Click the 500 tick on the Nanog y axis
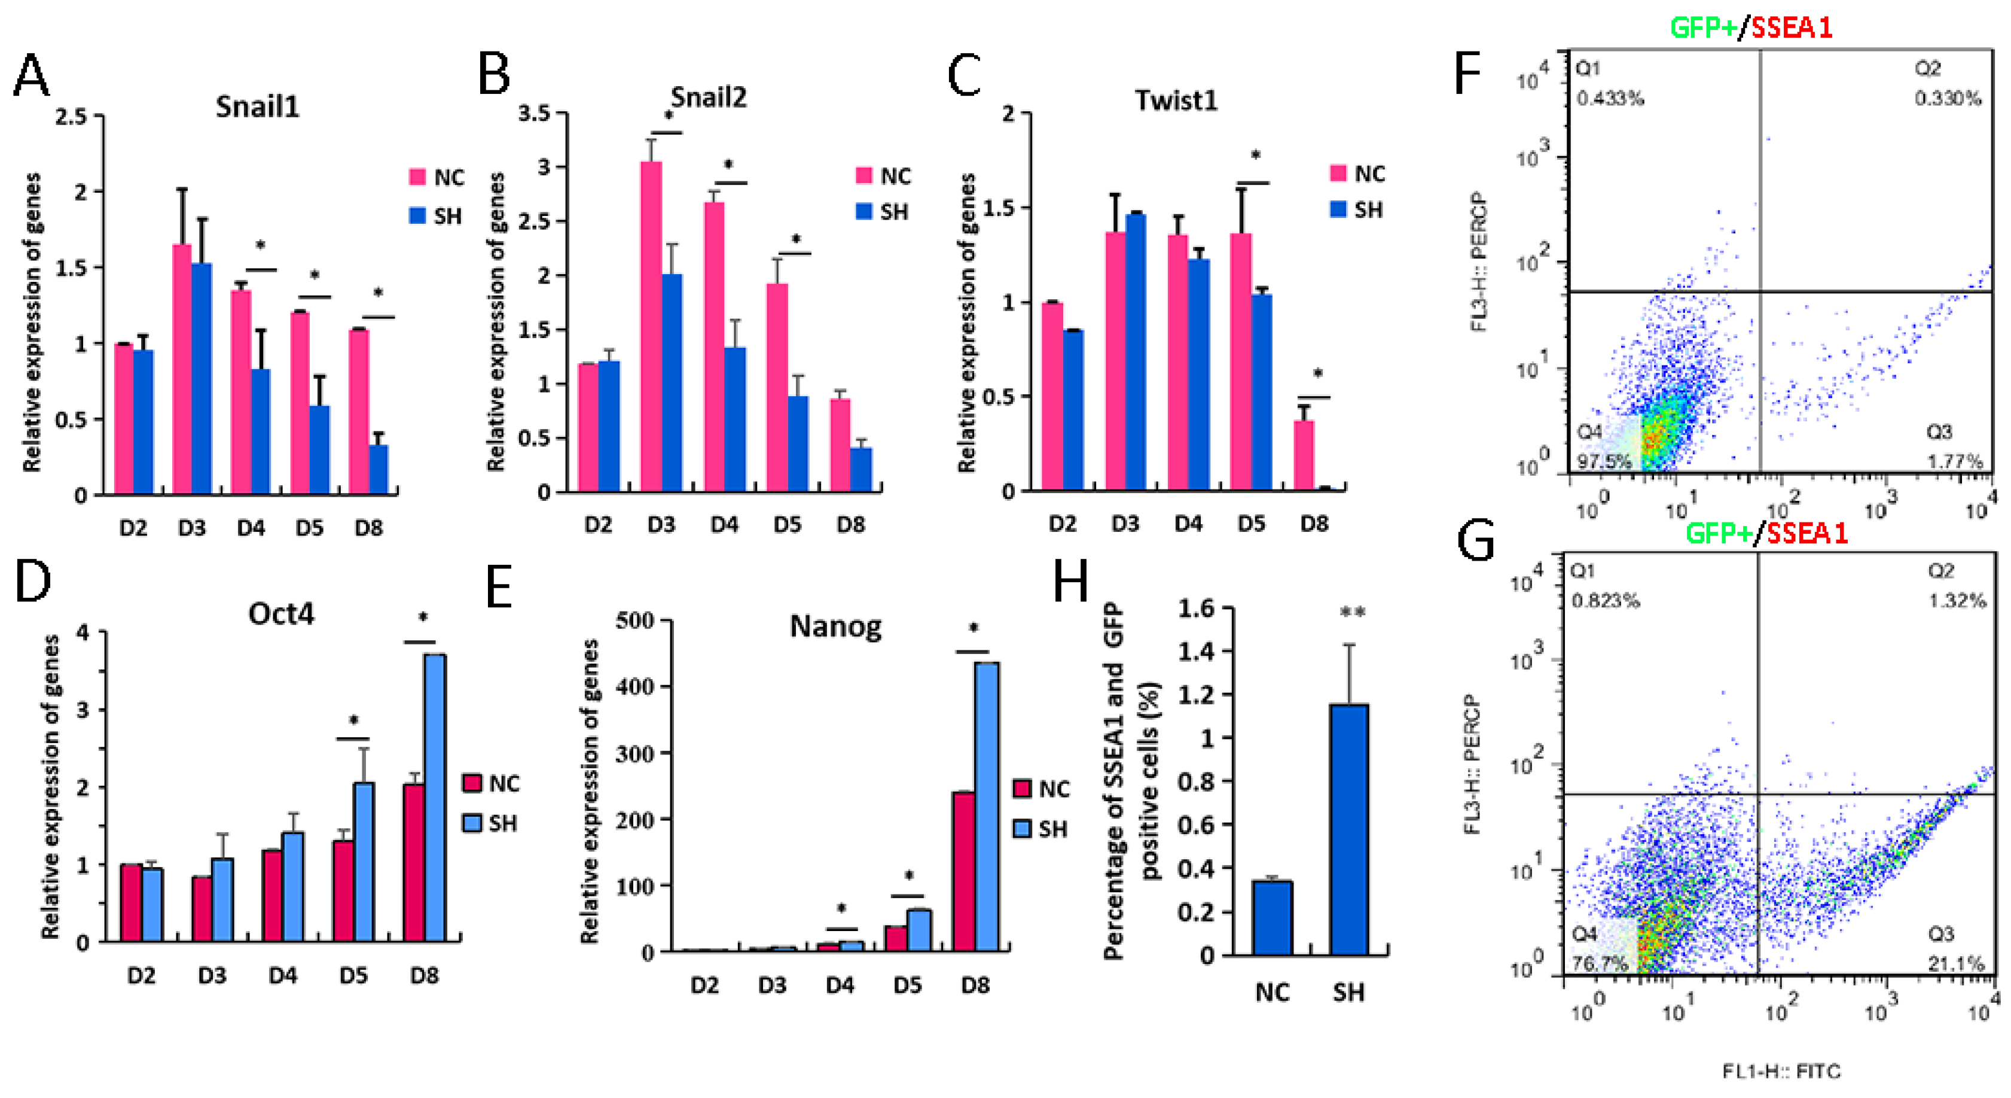(634, 621)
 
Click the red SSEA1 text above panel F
(1791, 28)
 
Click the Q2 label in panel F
(1927, 69)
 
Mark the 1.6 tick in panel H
(1195, 609)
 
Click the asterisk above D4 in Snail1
(260, 246)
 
